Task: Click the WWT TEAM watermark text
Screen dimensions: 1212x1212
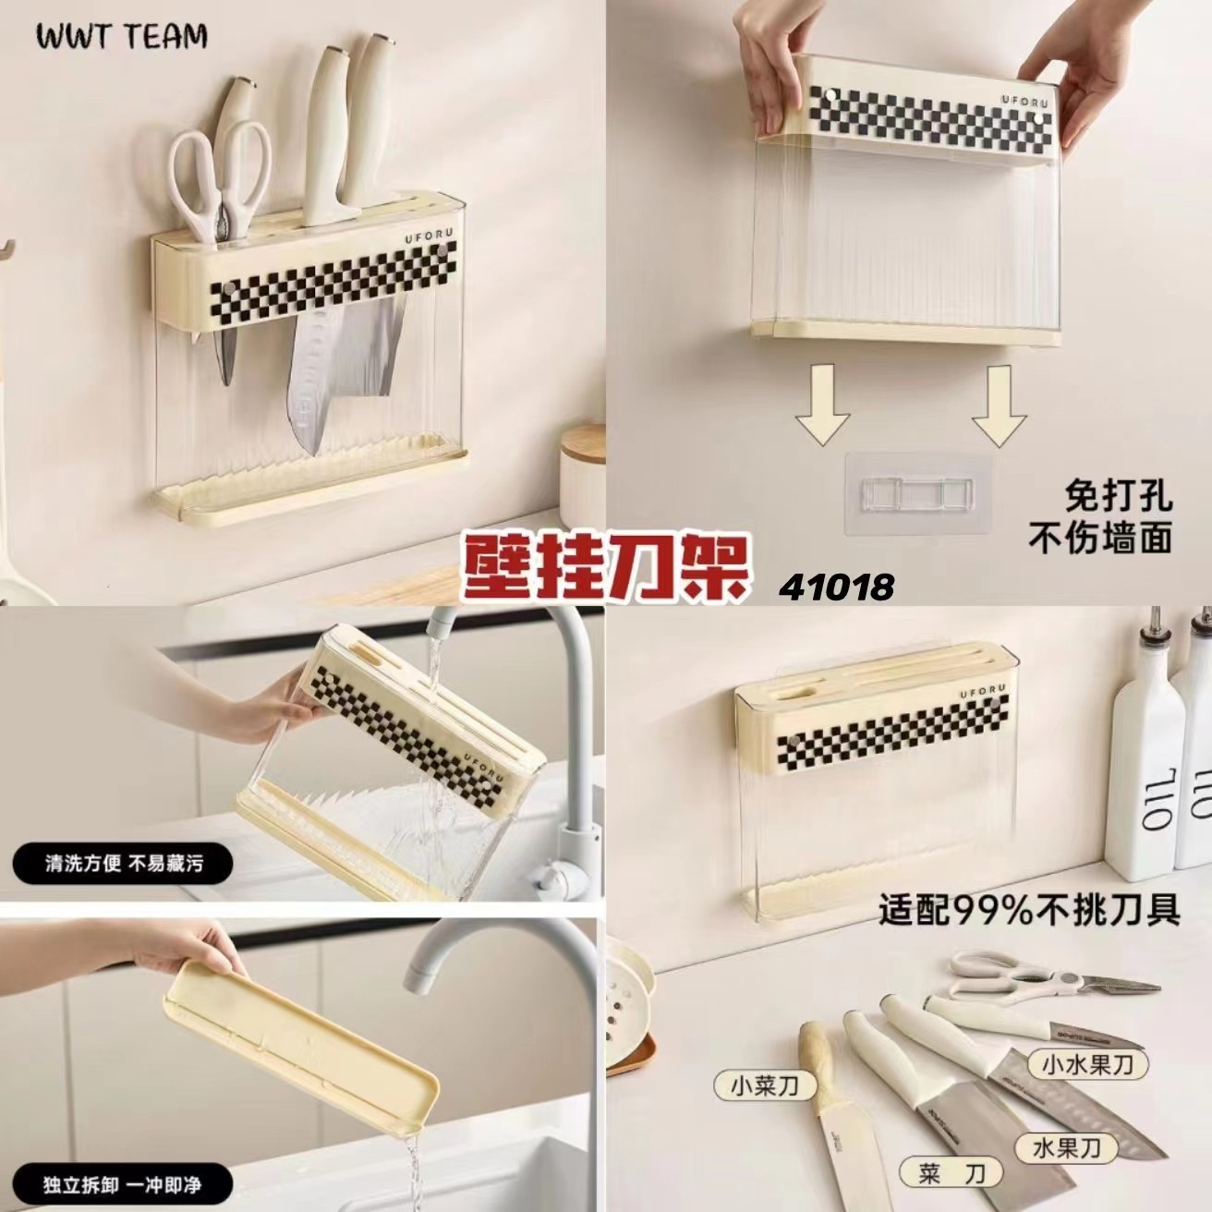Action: (x=121, y=36)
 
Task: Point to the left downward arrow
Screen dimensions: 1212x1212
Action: (x=821, y=405)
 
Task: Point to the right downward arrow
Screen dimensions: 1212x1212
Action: (x=999, y=406)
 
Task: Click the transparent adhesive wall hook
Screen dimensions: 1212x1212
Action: (x=918, y=492)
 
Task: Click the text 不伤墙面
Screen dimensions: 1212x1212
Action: (x=1100, y=539)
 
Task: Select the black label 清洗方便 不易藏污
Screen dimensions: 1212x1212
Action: (x=123, y=863)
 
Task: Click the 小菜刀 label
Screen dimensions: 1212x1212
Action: (x=765, y=1067)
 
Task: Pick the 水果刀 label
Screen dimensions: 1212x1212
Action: (x=1067, y=1112)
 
